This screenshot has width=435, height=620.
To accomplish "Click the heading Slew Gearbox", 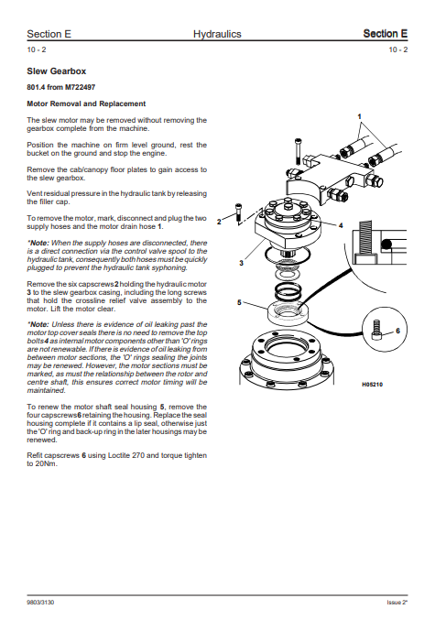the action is [56, 71].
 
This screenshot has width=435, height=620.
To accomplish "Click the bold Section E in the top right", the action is [386, 34].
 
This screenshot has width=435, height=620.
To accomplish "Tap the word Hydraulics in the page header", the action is [217, 34].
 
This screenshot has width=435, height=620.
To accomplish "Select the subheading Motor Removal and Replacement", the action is [86, 103].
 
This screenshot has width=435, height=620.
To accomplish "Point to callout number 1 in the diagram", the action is [360, 116].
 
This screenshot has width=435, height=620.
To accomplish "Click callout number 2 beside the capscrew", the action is [219, 222].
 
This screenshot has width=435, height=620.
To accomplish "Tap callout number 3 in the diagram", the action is [241, 263].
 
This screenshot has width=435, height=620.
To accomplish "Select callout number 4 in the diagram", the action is [341, 225].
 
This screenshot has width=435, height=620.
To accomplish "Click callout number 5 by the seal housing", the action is [239, 302].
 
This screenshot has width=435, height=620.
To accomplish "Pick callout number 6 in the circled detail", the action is [397, 331].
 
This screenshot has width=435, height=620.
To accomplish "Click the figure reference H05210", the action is [372, 385].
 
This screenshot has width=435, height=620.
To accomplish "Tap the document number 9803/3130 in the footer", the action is [40, 603].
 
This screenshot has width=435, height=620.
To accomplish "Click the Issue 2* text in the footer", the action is [397, 603].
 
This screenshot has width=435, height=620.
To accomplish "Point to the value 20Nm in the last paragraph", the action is [47, 463].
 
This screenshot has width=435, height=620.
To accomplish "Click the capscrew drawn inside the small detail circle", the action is [376, 331].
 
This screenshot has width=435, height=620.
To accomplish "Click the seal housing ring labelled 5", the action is [288, 314].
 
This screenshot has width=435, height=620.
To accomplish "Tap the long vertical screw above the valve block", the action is [298, 150].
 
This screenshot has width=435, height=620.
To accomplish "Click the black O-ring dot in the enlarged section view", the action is [386, 244].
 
